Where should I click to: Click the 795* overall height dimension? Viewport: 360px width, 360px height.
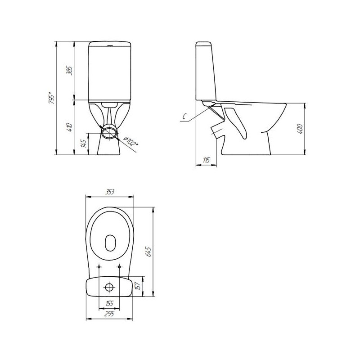51,98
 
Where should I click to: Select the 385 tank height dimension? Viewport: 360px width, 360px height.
69,71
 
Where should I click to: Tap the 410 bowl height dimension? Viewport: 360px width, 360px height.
69,127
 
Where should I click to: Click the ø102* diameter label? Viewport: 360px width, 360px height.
130,141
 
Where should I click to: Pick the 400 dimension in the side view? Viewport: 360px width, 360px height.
300,129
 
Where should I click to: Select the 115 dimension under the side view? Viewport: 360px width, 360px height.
207,160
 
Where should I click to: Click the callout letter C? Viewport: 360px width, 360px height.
184,117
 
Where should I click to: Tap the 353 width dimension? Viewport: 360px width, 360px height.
110,192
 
